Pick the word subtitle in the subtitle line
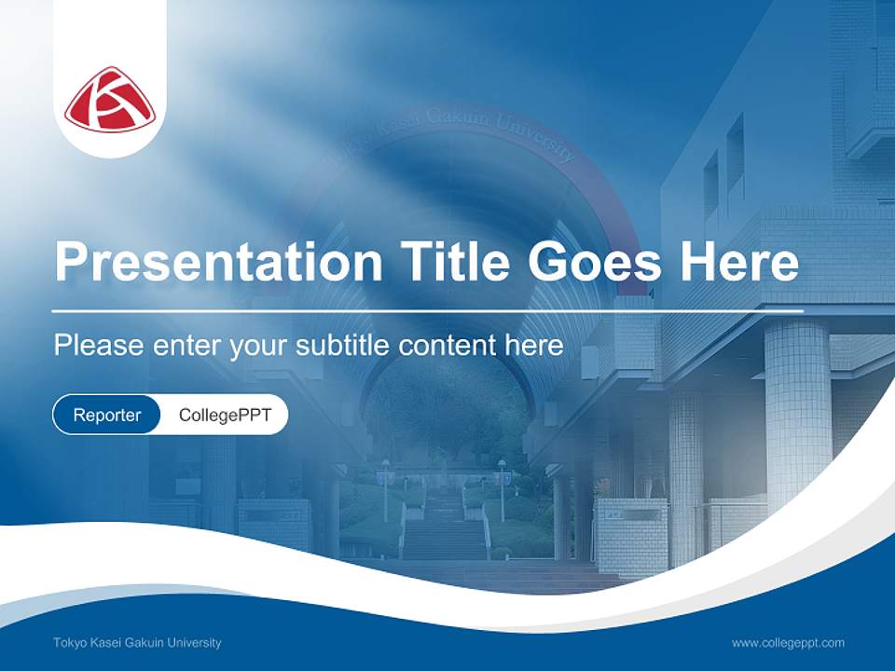tap(344, 346)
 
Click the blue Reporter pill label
tap(107, 415)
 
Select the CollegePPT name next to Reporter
tap(225, 415)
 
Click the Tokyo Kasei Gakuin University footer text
tap(137, 643)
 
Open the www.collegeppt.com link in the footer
tap(788, 643)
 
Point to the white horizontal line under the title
tap(428, 310)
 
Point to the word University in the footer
tap(196, 643)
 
